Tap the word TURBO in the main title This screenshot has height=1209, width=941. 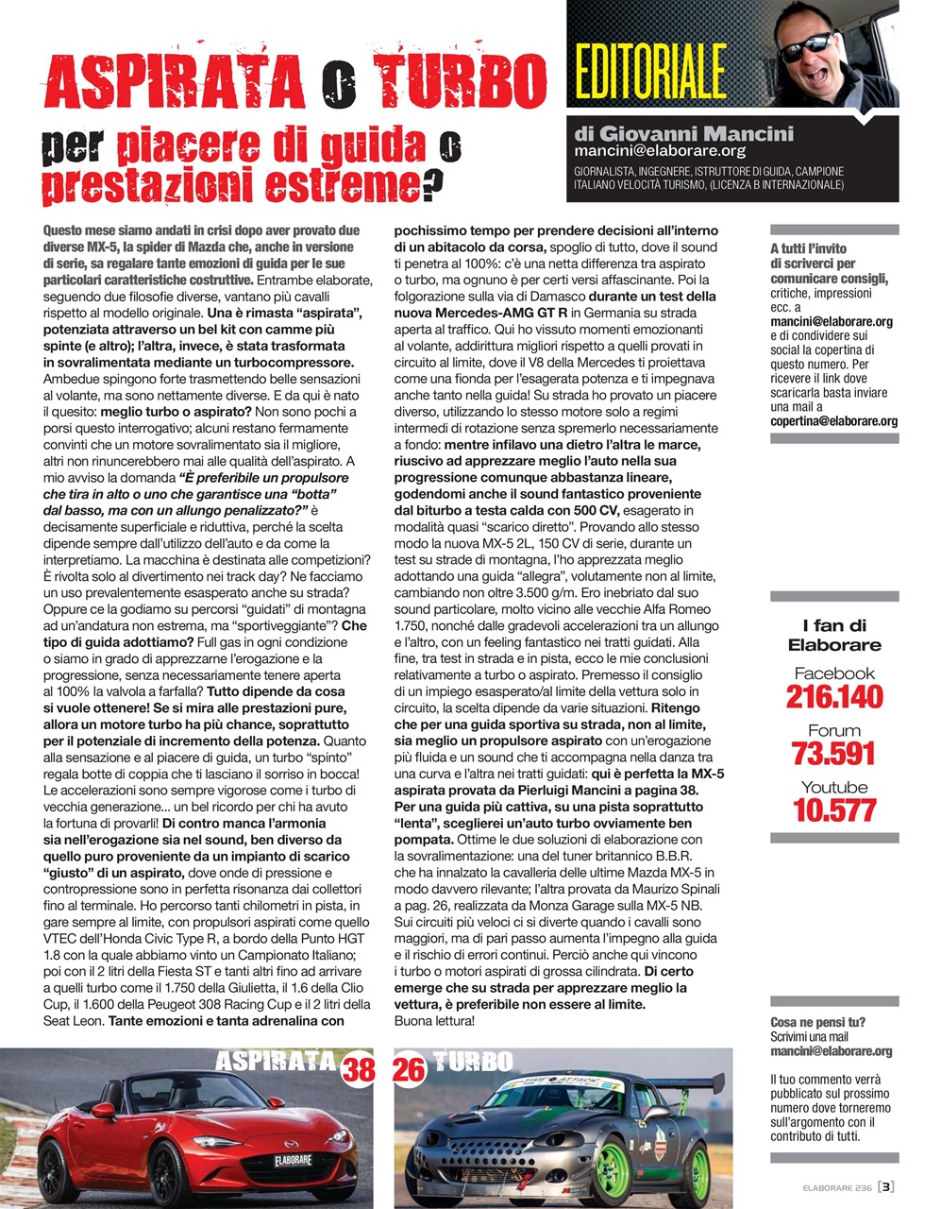(459, 82)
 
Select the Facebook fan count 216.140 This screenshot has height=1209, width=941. (833, 697)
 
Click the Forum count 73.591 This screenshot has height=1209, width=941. (833, 754)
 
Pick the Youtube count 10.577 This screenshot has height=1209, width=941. (833, 810)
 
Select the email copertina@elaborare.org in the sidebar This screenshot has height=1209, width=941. (833, 421)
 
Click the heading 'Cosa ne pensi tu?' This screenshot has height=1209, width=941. (817, 1022)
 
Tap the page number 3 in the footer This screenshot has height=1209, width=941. (887, 1187)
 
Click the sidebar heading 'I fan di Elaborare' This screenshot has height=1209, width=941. (833, 636)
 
